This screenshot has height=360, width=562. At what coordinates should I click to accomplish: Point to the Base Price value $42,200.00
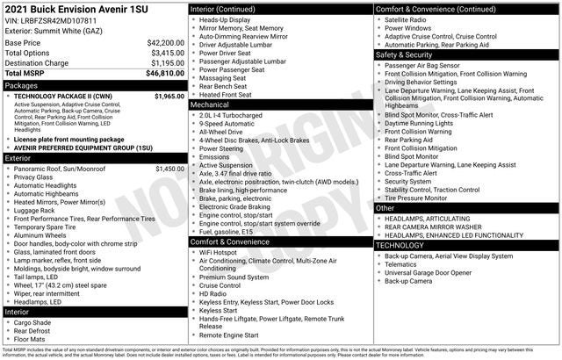(165, 42)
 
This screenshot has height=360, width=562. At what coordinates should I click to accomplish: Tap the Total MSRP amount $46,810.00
(165, 74)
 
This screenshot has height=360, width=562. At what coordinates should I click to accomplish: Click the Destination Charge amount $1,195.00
(167, 63)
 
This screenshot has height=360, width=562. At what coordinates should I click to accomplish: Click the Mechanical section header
(215, 104)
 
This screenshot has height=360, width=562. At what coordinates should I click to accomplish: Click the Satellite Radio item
(411, 18)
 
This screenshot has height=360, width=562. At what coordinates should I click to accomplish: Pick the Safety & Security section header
(409, 54)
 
